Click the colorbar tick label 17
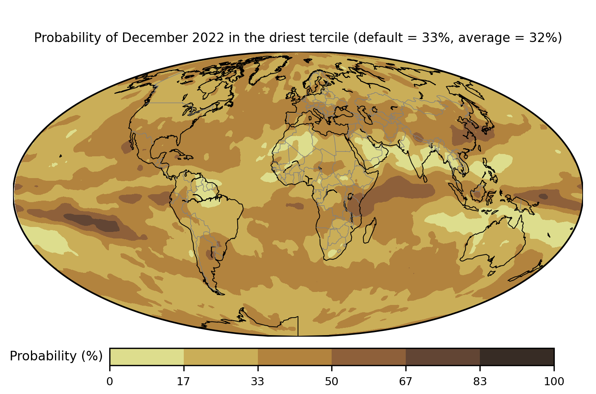(184, 381)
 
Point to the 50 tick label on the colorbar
(332, 381)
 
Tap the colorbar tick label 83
(480, 381)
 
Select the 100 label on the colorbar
(554, 381)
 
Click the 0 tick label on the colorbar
(110, 381)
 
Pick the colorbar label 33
(258, 381)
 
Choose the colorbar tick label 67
(406, 381)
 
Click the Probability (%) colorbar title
(56, 356)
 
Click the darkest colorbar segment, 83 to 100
(517, 357)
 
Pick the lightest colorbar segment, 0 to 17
(147, 357)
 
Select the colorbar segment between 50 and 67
(369, 357)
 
